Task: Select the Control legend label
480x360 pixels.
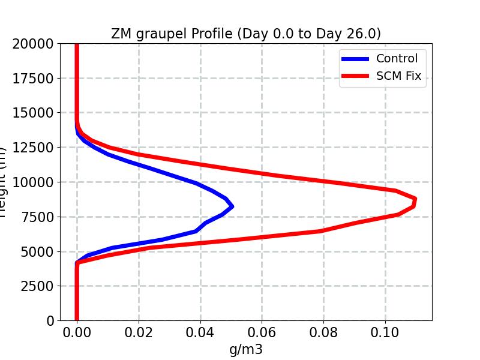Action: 397,58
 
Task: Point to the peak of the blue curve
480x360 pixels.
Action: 232,206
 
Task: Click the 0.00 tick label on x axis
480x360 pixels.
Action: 77,332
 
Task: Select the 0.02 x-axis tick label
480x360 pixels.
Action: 139,332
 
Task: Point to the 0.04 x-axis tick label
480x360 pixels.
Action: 200,332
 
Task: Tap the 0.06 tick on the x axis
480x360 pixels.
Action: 262,332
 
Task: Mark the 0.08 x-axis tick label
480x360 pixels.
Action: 324,332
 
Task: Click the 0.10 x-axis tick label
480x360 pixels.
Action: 386,332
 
